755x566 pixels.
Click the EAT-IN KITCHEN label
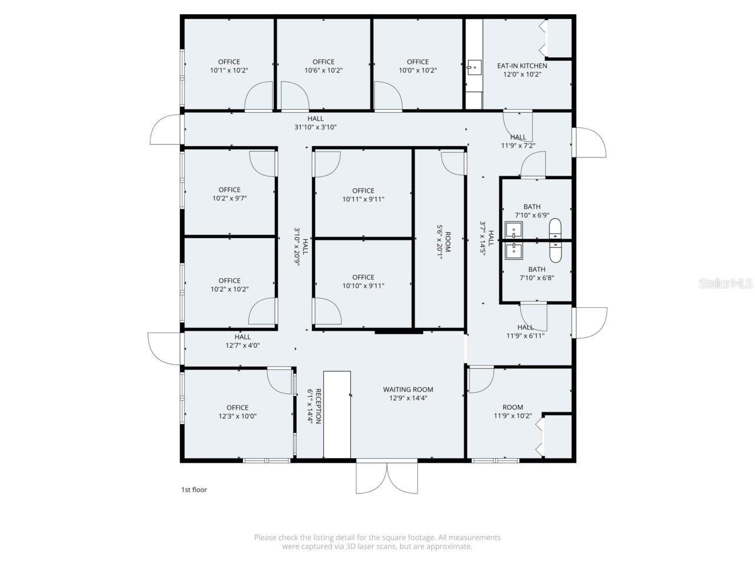(x=521, y=66)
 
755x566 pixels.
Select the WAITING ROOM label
(x=408, y=390)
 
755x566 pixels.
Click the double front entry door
(x=387, y=477)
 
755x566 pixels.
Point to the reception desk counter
(x=337, y=414)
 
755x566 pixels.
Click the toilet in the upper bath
(x=555, y=228)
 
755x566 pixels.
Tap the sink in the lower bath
(x=513, y=251)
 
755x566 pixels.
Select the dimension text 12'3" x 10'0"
(x=237, y=416)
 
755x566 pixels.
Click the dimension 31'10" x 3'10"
(x=316, y=127)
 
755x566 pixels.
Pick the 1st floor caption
(x=193, y=490)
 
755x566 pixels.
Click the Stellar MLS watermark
(x=726, y=284)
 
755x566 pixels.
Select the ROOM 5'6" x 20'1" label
(x=443, y=242)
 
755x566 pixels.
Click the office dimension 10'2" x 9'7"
(x=229, y=199)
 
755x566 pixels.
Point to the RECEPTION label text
(x=318, y=406)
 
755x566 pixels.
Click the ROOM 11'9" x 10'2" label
(x=513, y=412)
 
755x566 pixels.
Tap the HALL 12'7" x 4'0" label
(x=242, y=341)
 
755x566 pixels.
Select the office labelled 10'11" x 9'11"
(x=363, y=195)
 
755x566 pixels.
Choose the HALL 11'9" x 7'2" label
(x=518, y=141)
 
